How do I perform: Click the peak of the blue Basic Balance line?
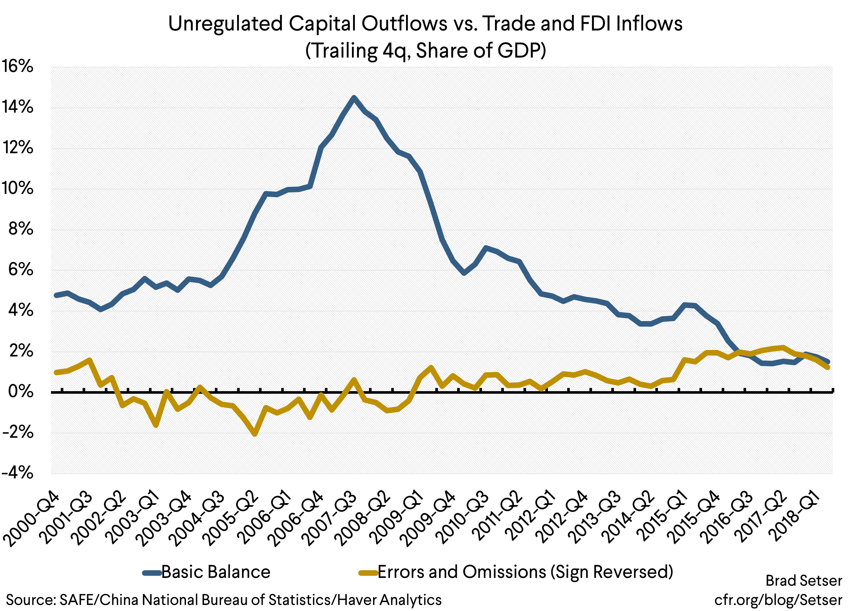tap(354, 98)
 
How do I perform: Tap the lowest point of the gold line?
tap(255, 435)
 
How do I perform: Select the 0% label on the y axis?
tap(21, 392)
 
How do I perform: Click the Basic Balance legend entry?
tap(215, 572)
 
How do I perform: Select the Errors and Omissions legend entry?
tap(525, 572)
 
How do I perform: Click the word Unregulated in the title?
tap(225, 24)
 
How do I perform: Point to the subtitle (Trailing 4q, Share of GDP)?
tap(426, 50)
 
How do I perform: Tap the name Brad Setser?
tap(804, 581)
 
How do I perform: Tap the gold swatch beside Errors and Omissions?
tap(368, 573)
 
